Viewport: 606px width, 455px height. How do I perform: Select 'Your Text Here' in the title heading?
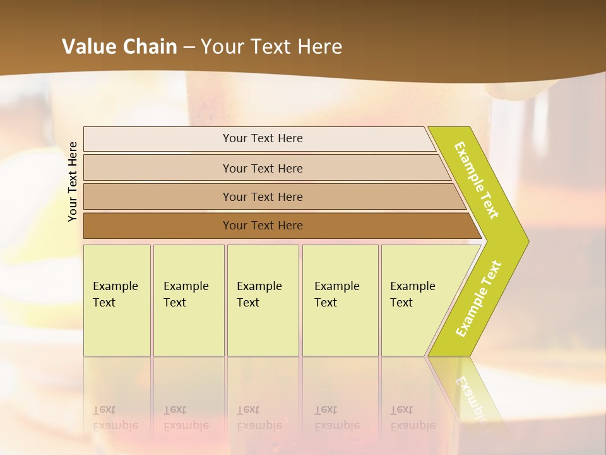pyautogui.click(x=271, y=46)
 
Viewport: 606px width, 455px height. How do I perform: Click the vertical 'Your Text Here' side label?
pyautogui.click(x=73, y=181)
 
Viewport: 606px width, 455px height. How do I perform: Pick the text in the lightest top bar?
pyautogui.click(x=263, y=138)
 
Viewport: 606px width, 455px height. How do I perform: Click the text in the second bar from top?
pyautogui.click(x=263, y=168)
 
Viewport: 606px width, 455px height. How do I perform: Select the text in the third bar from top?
pyautogui.click(x=263, y=197)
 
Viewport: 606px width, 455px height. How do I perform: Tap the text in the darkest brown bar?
pyautogui.click(x=263, y=226)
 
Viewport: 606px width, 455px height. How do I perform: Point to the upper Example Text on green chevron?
pyautogui.click(x=477, y=180)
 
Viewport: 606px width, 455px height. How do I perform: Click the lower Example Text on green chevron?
pyautogui.click(x=478, y=299)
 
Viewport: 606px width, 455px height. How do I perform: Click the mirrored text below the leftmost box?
pyautogui.click(x=115, y=418)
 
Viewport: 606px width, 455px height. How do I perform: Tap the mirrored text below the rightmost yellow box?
pyautogui.click(x=412, y=418)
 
